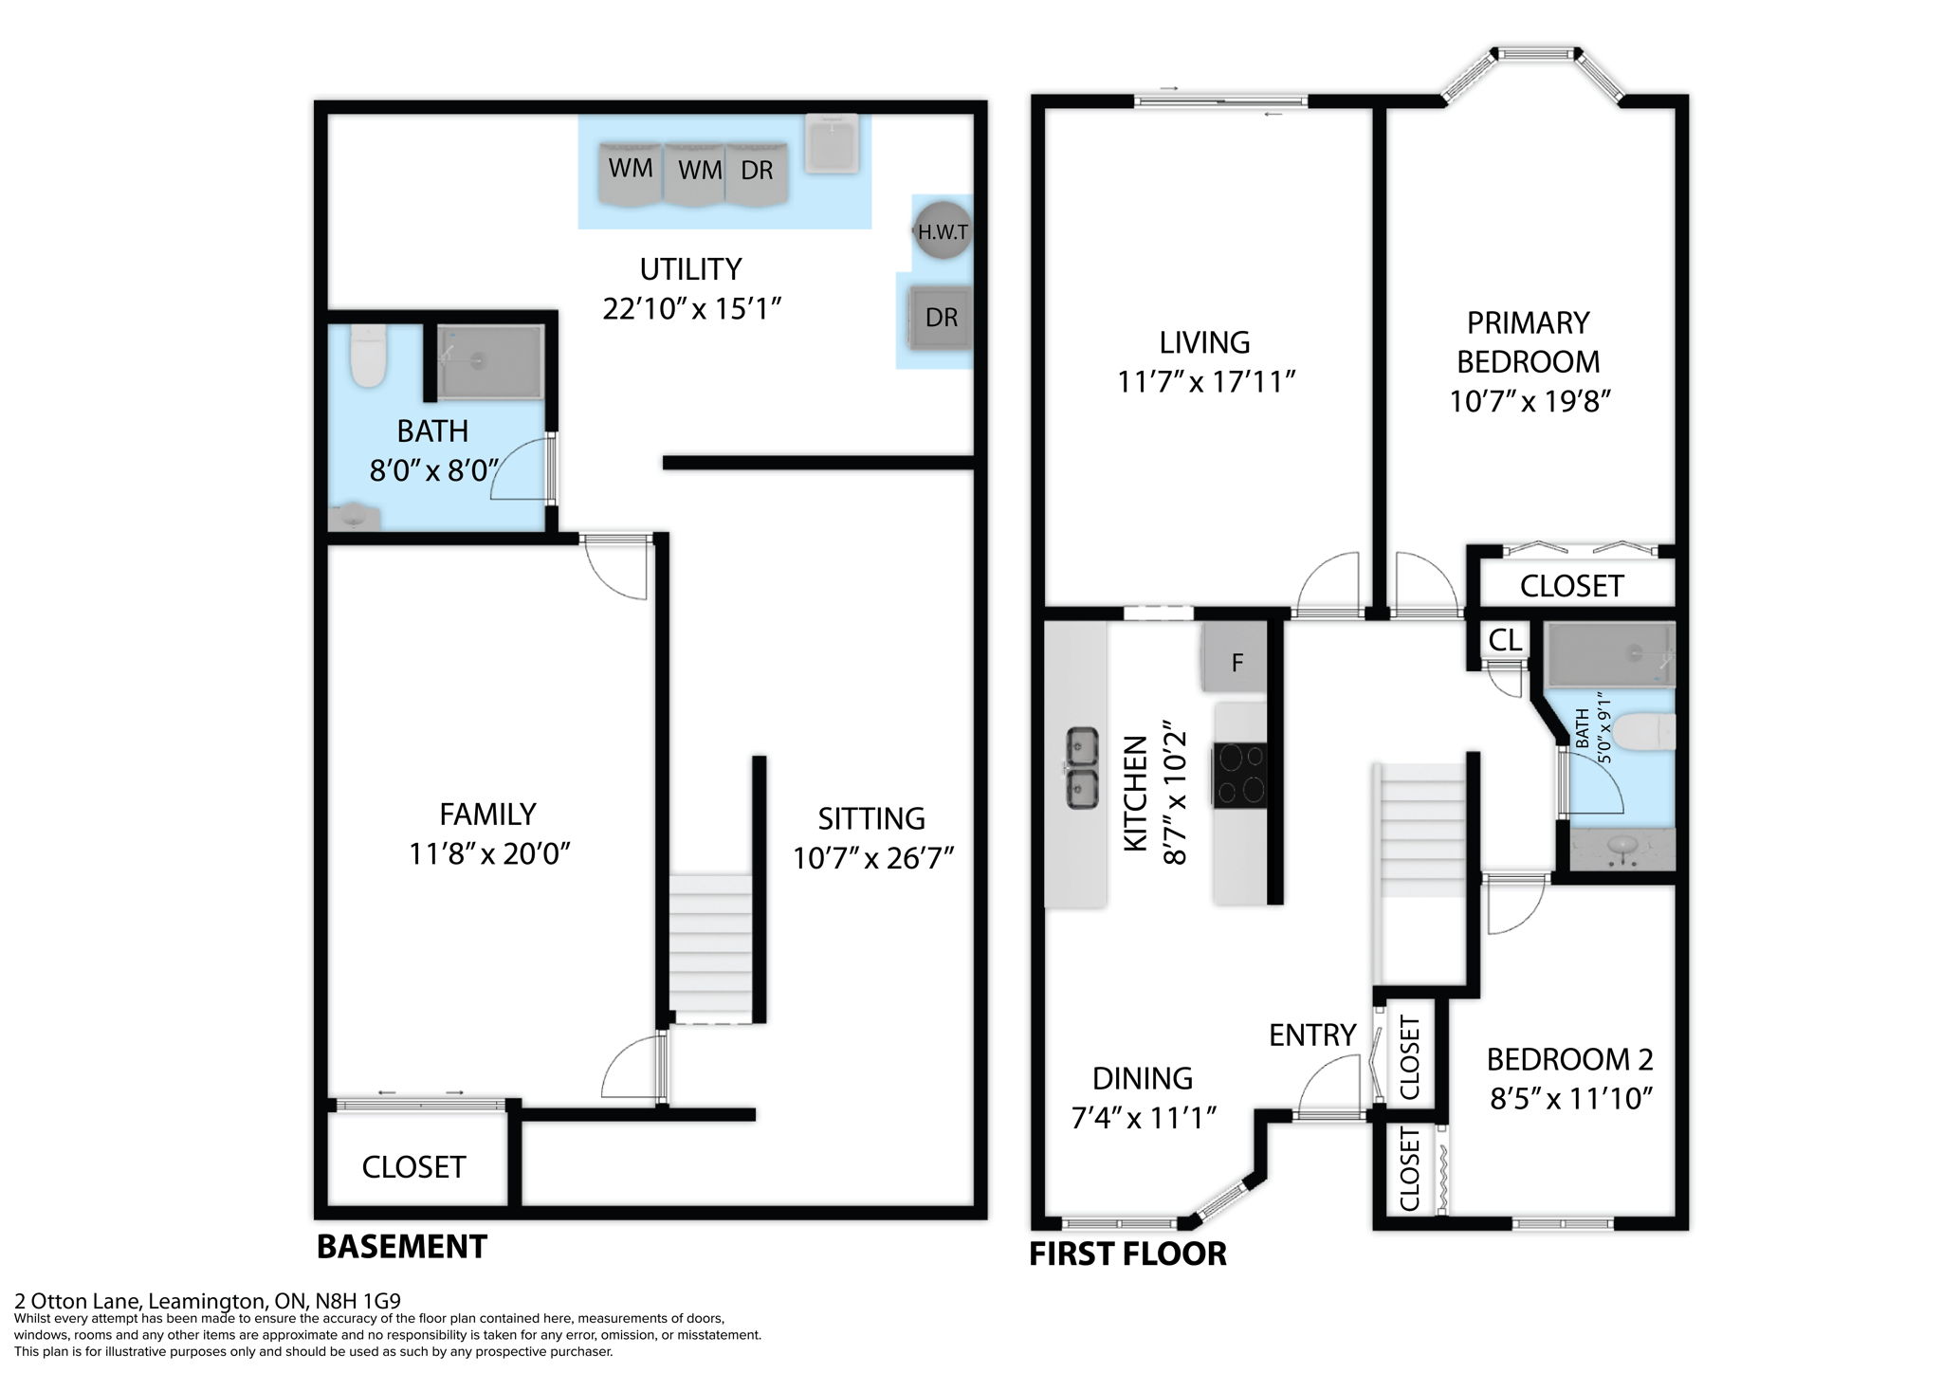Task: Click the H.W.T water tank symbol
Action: point(942,230)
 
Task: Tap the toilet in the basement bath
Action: point(367,357)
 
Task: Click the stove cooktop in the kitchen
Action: point(1240,775)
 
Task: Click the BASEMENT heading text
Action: point(401,1246)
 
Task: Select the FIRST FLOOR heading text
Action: point(1127,1254)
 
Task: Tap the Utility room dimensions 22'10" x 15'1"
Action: point(691,309)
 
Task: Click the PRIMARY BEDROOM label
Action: point(1528,342)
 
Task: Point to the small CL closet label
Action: point(1505,640)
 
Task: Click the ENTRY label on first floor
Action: point(1312,1034)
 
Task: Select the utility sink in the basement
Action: point(832,143)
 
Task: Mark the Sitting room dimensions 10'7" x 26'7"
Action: point(872,858)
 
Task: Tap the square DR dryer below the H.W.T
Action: point(940,318)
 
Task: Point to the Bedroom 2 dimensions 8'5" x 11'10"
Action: point(1571,1099)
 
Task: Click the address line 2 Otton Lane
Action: point(208,1301)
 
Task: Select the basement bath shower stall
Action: point(489,362)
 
